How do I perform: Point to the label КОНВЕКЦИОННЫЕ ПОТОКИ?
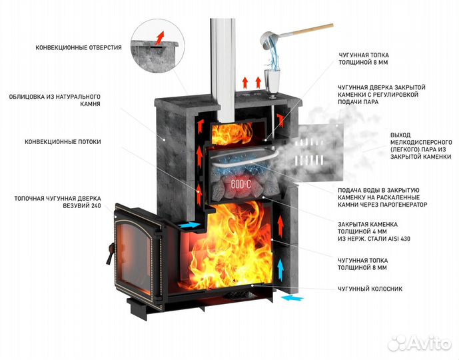tap(63, 141)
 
